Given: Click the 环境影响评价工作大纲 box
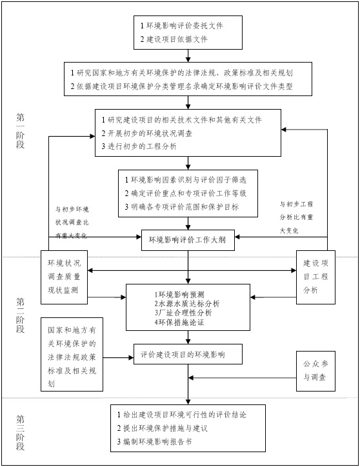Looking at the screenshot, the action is pos(188,240).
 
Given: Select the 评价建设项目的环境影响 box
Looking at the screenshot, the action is pos(188,354).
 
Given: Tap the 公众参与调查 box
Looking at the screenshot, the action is pos(315,371).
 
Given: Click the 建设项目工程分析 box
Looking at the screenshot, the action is pos(315,277).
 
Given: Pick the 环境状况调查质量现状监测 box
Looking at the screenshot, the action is pos(64,277).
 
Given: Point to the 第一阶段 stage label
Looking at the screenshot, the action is pos(20,131).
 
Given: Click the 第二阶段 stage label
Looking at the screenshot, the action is pos(20,315).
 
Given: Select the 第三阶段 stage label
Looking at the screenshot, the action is pos(20,433).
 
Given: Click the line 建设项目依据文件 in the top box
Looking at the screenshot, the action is pos(174,39).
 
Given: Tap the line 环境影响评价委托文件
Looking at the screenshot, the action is pos(182,26).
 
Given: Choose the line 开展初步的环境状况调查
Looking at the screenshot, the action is pos(147,133).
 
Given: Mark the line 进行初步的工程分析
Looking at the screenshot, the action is pos(139,146).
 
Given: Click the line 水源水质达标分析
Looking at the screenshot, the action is pos(187,304).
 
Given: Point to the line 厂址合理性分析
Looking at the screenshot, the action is pos(183,313).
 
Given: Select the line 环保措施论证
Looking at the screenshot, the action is pos(179,322).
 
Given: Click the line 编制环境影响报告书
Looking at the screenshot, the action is pos(154,441).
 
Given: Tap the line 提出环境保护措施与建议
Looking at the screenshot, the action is pos(162,428).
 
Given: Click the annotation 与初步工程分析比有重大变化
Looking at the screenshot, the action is pos(296,217).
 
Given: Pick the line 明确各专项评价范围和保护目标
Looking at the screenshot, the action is pos(182,206).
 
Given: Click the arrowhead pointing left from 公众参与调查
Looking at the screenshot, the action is pos(191,378).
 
